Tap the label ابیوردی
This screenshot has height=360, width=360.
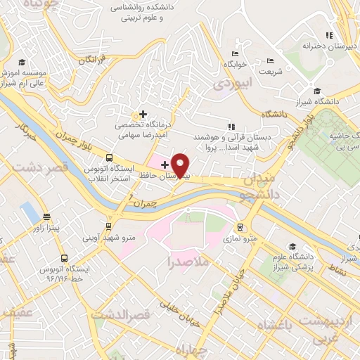click(228, 84)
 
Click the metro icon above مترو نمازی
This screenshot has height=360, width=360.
click(240, 227)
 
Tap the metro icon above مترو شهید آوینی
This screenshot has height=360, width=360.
click(108, 225)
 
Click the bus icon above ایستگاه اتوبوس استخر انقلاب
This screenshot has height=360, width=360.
click(109, 158)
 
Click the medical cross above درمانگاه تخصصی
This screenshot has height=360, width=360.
click(143, 113)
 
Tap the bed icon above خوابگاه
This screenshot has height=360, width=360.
click(234, 53)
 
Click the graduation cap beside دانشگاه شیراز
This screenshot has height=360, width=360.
click(316, 91)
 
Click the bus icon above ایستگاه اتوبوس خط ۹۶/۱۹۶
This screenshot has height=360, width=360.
click(64, 259)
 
